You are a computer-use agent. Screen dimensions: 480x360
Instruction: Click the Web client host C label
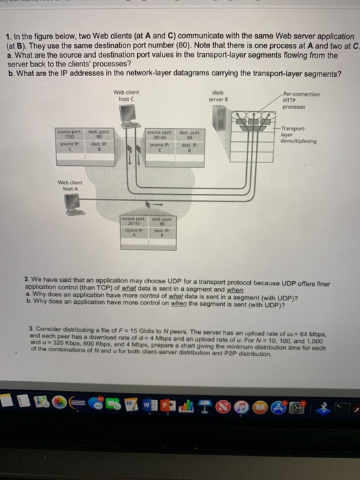pos(124,97)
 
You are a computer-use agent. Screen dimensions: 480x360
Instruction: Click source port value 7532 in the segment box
pos(69,136)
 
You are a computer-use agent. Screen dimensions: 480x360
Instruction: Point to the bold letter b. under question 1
pos(9,74)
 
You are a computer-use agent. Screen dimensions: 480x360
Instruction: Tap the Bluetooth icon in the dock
pos(317,407)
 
